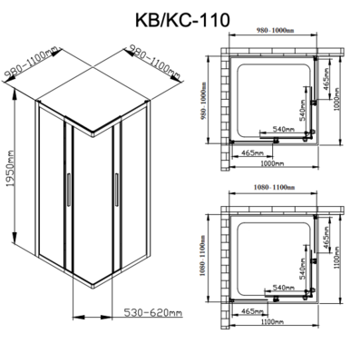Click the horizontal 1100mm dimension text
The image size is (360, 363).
pos(273,322)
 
